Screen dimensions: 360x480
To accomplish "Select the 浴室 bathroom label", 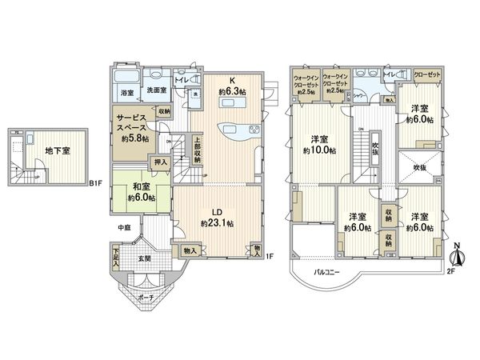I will point(127,93).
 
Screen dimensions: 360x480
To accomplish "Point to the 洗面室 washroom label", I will point(154,93).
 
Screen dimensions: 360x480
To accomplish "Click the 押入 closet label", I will point(160,162).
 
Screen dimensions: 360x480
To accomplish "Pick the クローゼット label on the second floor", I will point(430,74).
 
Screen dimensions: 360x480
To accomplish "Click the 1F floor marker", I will point(270,256).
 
